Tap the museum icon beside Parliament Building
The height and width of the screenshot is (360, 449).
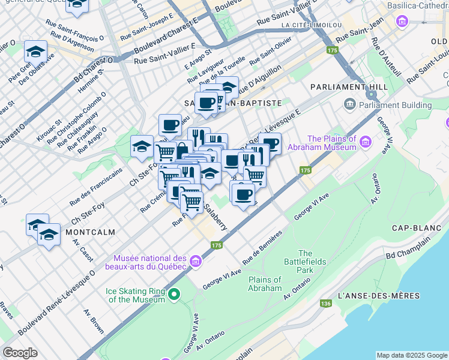pyautogui.click(x=349, y=106)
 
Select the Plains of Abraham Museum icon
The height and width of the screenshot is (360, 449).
pyautogui.click(x=366, y=143)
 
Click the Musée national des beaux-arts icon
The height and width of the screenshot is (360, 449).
pyautogui.click(x=195, y=262)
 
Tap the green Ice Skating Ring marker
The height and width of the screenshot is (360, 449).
pyautogui.click(x=174, y=294)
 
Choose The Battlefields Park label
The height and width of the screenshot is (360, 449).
pyautogui.click(x=305, y=262)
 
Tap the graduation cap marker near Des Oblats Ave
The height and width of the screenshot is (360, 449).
pyautogui.click(x=35, y=52)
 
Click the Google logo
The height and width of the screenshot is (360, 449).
pyautogui.click(x=20, y=353)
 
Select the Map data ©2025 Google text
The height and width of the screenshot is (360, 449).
pyautogui.click(x=411, y=355)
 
